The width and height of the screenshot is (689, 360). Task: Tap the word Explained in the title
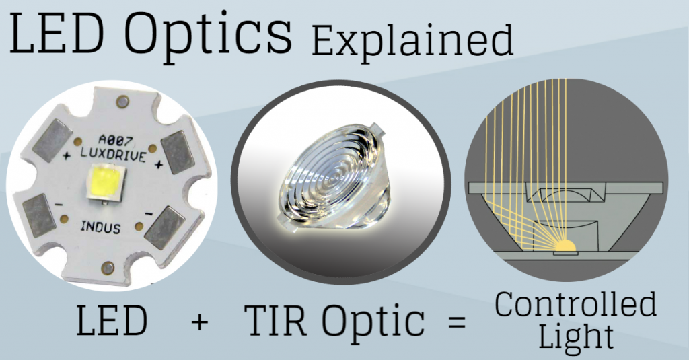[x=412, y=41]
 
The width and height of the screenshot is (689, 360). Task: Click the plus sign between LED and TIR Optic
[x=199, y=322]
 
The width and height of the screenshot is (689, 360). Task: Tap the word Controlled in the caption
[x=576, y=305]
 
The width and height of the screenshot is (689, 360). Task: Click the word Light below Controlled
[x=575, y=336]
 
